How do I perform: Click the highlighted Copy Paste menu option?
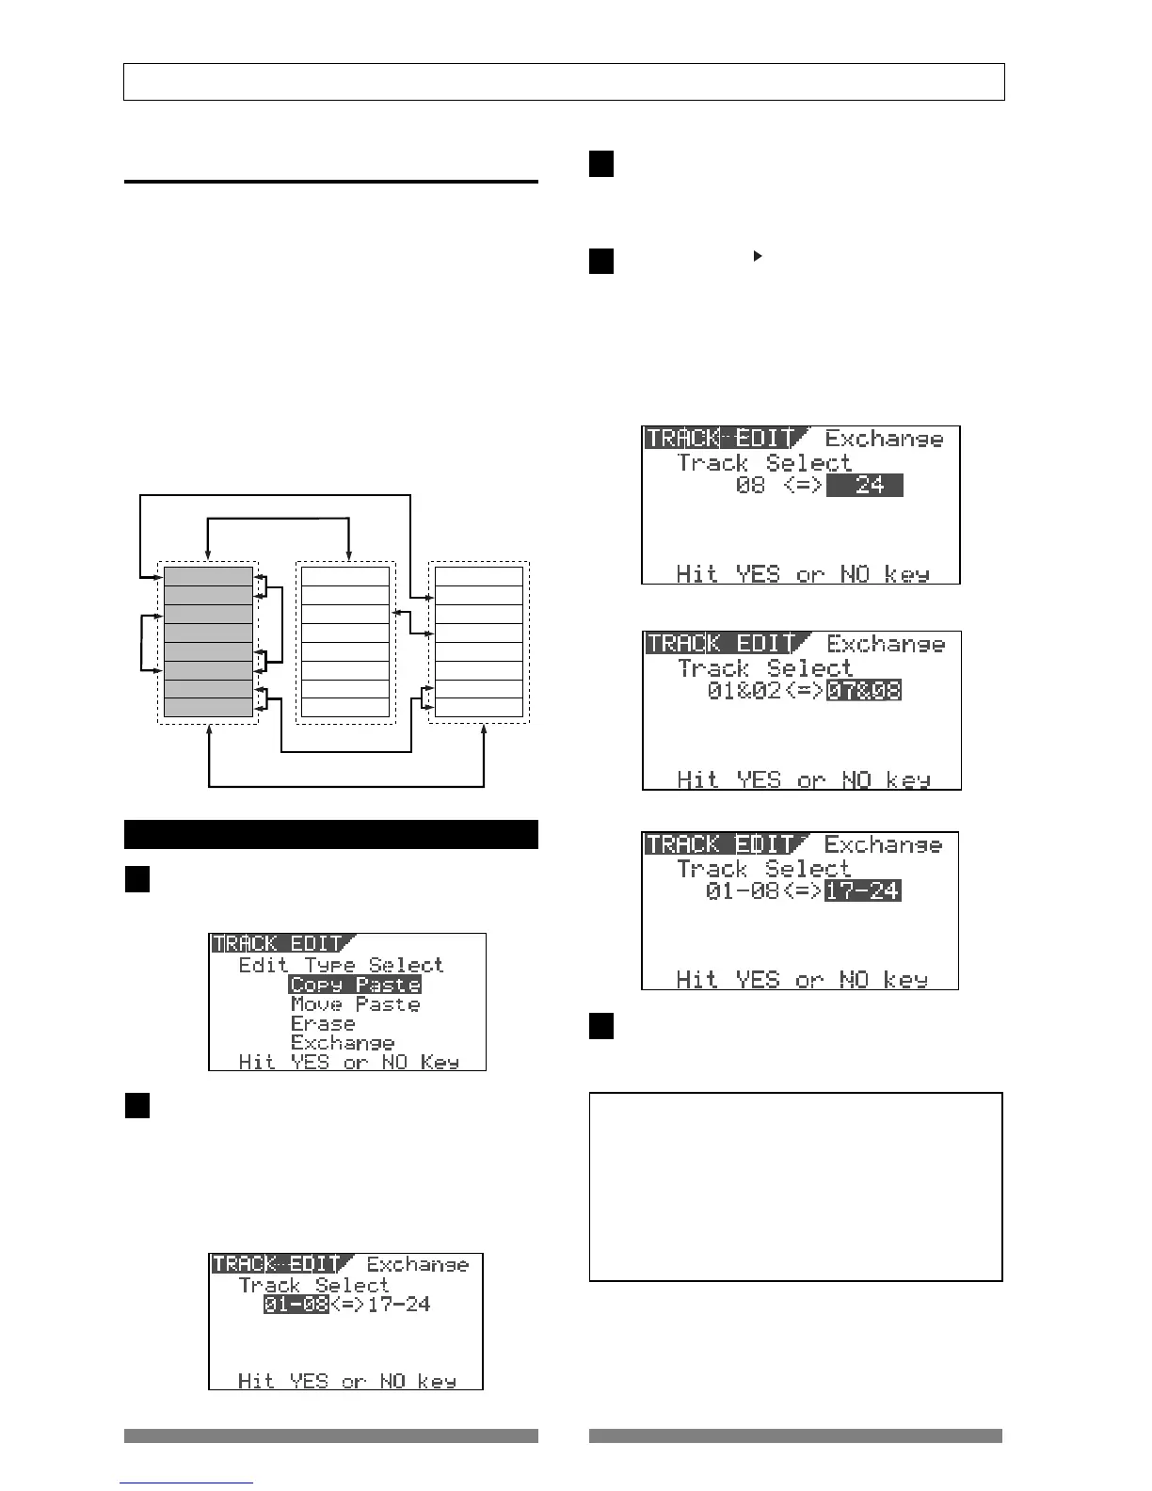point(355,985)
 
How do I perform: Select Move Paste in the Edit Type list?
point(355,1004)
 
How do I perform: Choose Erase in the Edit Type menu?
point(323,1024)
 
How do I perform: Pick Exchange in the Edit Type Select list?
point(343,1043)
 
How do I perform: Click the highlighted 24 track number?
point(864,486)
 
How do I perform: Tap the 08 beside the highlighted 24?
point(750,487)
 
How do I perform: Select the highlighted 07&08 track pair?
point(863,691)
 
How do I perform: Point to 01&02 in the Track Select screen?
point(736,691)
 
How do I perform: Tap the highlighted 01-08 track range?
point(296,1305)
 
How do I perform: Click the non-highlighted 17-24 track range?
point(399,1305)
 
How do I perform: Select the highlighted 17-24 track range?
point(862,890)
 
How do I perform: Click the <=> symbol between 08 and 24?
point(804,487)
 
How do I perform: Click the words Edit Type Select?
point(340,965)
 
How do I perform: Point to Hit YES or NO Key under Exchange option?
point(348,1063)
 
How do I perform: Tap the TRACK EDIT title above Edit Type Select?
point(277,943)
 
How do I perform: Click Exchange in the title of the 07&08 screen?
point(886,644)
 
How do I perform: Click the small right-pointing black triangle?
point(758,255)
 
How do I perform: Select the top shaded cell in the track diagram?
point(208,576)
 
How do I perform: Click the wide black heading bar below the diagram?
point(330,834)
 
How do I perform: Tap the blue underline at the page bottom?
point(186,1483)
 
